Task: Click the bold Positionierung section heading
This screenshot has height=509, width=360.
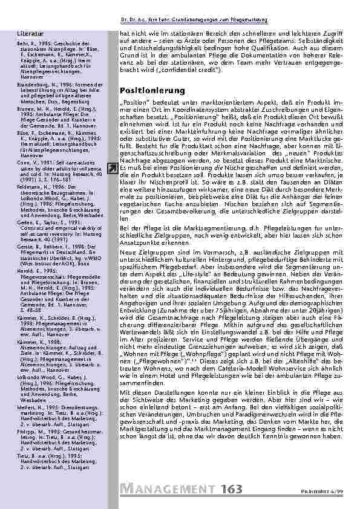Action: point(149,91)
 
